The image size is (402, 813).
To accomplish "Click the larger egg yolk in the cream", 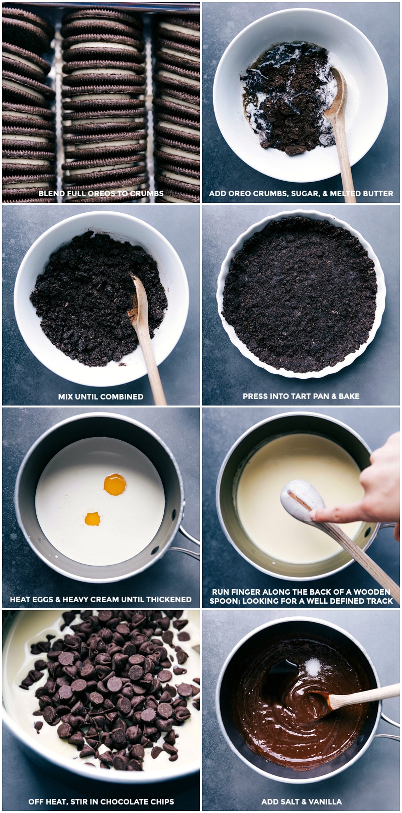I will point(115,484).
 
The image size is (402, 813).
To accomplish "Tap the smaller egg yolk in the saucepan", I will point(92,518).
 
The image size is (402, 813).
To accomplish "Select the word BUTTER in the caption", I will point(377,193).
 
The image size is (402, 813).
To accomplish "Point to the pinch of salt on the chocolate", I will point(313,667).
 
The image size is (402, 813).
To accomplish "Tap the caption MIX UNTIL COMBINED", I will point(100,396).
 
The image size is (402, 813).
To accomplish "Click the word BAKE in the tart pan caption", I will point(349,396).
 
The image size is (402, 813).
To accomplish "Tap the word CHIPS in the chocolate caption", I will point(161,802).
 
